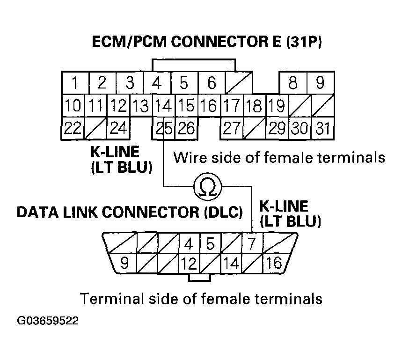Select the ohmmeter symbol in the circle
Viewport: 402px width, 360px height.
[207, 187]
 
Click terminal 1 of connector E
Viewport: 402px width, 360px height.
[75, 83]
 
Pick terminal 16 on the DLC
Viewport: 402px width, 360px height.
[276, 263]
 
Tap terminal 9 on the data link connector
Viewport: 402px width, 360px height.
[124, 263]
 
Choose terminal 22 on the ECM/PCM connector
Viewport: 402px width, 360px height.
[73, 128]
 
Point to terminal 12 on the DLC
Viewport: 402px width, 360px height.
[188, 263]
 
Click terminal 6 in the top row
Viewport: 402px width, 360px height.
[212, 83]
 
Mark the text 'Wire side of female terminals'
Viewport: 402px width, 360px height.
[279, 157]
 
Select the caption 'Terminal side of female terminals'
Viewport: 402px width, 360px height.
[201, 298]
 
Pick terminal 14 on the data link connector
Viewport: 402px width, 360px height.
[231, 263]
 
